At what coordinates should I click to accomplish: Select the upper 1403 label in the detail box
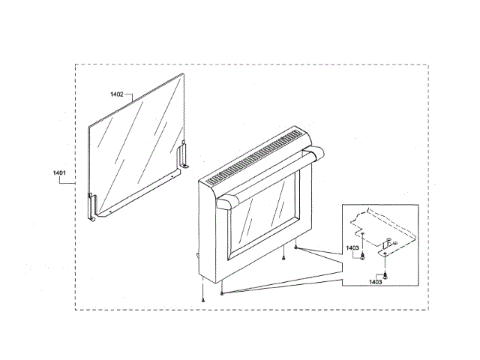coord(352,247)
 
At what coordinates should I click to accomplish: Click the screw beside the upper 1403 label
coord(364,256)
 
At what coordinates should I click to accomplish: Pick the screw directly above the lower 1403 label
coord(385,275)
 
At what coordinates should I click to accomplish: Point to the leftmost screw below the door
coord(203,299)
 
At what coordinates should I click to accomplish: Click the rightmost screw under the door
coord(298,247)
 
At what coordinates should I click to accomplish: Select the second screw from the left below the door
coord(223,293)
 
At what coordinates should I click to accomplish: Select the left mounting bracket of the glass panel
coord(93,207)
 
